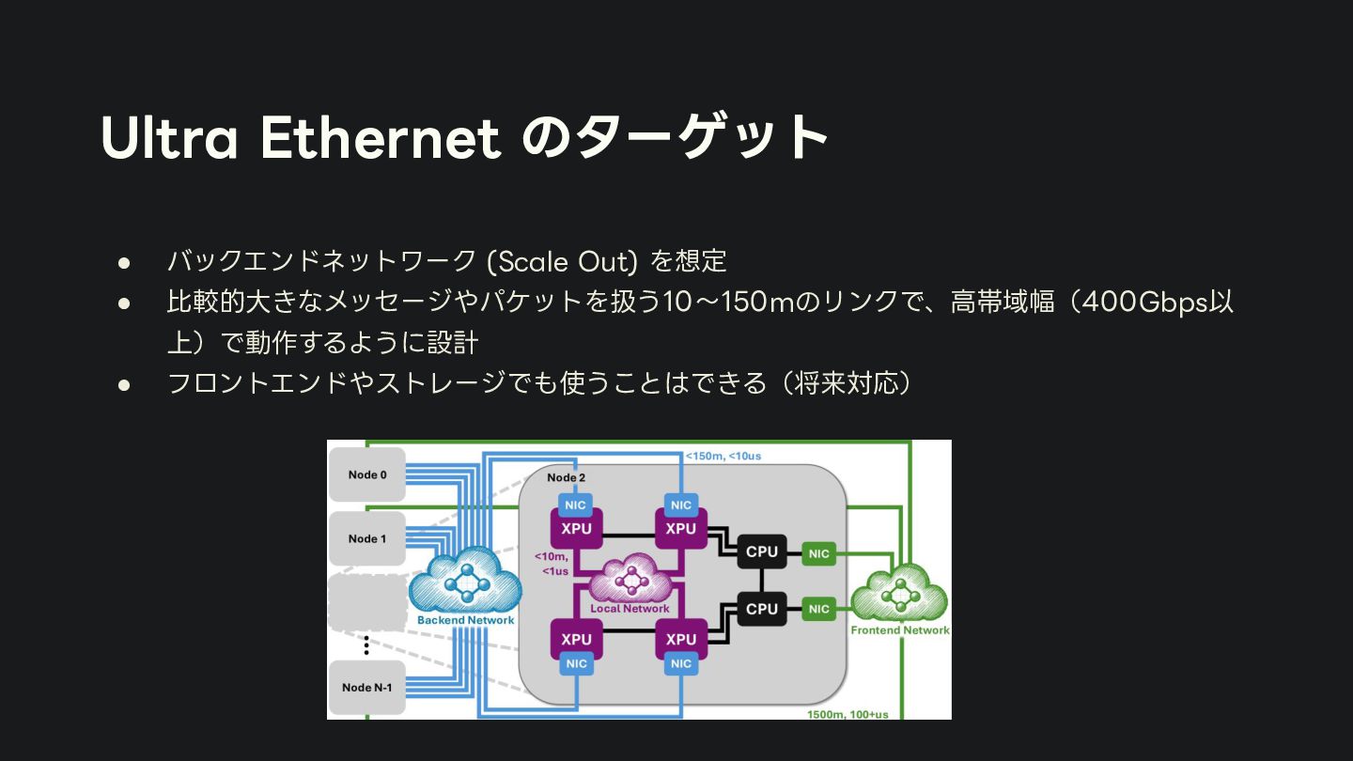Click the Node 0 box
tap(367, 474)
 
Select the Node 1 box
tap(367, 538)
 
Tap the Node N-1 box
tap(367, 687)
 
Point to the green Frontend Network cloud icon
tap(899, 594)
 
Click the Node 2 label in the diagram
tap(567, 477)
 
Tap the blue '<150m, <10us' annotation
tap(723, 456)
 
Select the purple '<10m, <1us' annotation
tap(552, 564)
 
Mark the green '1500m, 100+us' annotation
tap(847, 714)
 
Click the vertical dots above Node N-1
tap(366, 645)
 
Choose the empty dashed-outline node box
tap(367, 602)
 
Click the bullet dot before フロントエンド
tap(123, 384)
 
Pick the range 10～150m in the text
tap(729, 302)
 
